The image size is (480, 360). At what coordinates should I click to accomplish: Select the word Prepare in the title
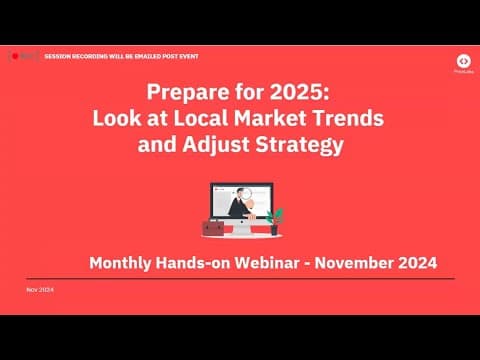point(189,93)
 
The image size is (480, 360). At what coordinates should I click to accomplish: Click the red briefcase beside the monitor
point(213,228)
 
